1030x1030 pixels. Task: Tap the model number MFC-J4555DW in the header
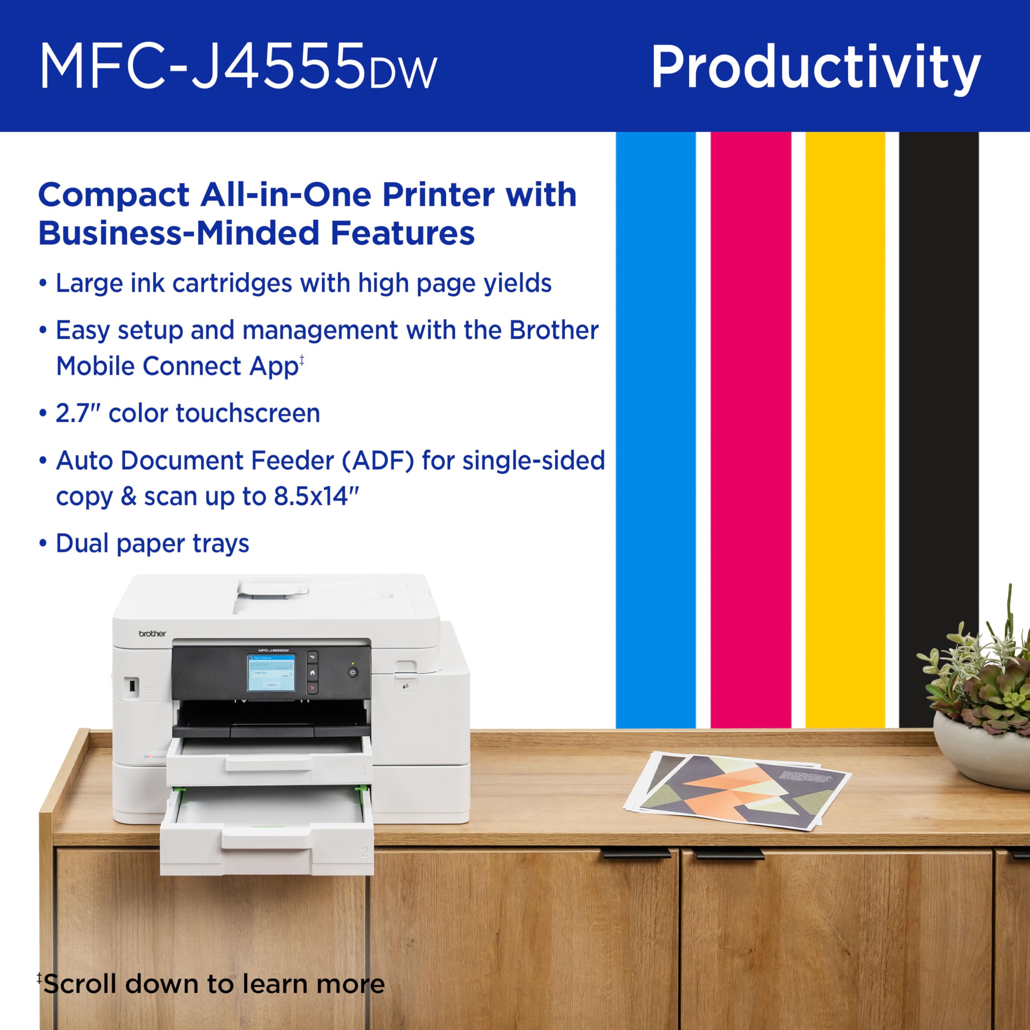point(238,67)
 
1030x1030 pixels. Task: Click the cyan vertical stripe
point(655,426)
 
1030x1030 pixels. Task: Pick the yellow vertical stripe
point(845,426)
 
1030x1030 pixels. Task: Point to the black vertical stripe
point(939,426)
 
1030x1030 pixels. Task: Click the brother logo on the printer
point(152,634)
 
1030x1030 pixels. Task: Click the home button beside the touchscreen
point(312,673)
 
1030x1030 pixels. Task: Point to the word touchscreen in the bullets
point(247,414)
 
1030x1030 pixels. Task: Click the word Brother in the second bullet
point(553,331)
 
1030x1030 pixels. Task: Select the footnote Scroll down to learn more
point(213,984)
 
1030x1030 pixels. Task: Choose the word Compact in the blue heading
point(113,195)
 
